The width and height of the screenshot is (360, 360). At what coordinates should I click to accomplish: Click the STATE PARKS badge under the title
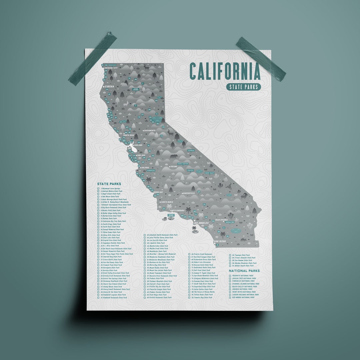pyautogui.click(x=243, y=87)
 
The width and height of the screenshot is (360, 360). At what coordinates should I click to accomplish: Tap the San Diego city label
pyautogui.click(x=220, y=241)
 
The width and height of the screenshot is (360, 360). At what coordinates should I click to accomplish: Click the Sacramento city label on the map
pyautogui.click(x=150, y=130)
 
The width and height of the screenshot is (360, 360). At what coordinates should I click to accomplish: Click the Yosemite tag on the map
pyautogui.click(x=191, y=150)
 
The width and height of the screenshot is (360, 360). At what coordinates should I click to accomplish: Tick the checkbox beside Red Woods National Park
pyautogui.click(x=230, y=297)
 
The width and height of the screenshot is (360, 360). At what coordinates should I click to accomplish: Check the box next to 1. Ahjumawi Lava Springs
pyautogui.click(x=98, y=189)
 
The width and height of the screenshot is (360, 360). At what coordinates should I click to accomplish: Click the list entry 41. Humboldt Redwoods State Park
pyautogui.click(x=113, y=298)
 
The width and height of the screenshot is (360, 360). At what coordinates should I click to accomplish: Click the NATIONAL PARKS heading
pyautogui.click(x=244, y=271)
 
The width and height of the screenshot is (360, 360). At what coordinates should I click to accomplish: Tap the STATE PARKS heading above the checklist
pyautogui.click(x=109, y=184)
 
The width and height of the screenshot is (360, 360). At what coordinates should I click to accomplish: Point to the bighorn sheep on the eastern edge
pyautogui.click(x=244, y=196)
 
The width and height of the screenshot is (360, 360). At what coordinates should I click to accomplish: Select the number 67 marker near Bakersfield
pyautogui.click(x=199, y=192)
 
